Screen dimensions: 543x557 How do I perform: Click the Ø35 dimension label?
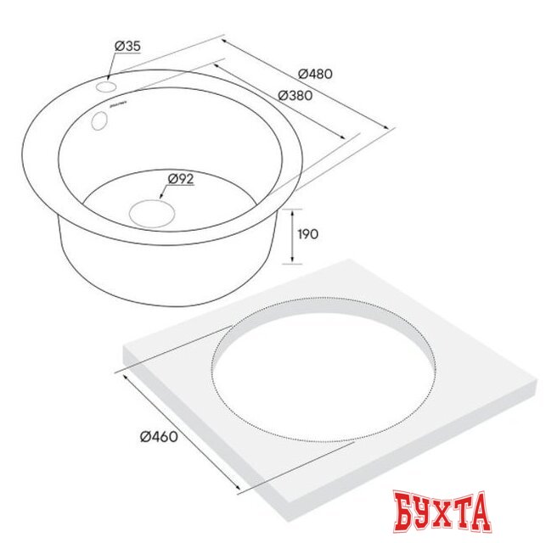127,45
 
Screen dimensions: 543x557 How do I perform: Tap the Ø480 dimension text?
315,74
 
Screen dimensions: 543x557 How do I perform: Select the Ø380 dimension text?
295,96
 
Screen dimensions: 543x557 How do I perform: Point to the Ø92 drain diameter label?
182,178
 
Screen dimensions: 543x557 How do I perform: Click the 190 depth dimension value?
308,234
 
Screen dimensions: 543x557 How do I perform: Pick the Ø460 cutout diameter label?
158,436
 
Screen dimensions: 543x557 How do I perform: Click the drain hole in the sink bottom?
150,211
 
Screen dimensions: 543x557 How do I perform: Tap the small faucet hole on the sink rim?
107,87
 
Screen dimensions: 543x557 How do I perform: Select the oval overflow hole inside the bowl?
98,121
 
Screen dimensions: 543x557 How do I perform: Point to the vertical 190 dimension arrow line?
293,235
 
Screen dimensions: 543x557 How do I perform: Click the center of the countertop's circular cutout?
324,370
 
